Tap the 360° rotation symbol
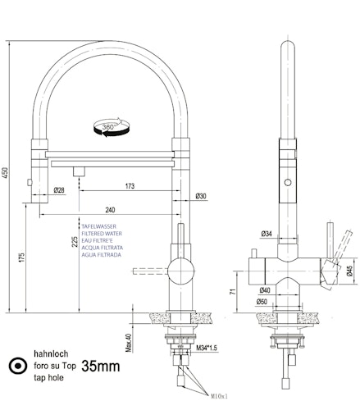pyautogui.click(x=107, y=127)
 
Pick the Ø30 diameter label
pyautogui.click(x=201, y=195)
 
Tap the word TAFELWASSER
pyautogui.click(x=99, y=222)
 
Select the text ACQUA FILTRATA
pyautogui.click(x=102, y=247)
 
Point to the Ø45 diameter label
pyautogui.click(x=349, y=271)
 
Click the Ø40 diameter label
pyautogui.click(x=264, y=290)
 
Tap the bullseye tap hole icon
pyautogui.click(x=15, y=366)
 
